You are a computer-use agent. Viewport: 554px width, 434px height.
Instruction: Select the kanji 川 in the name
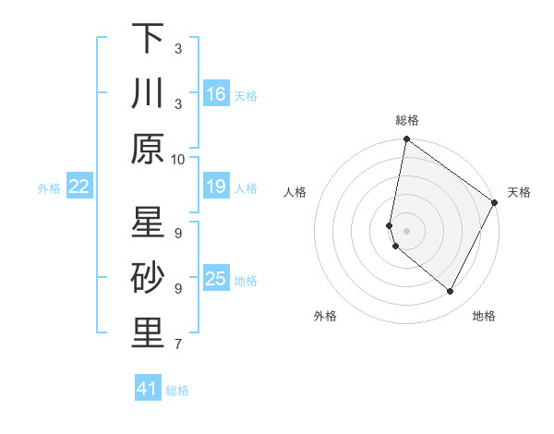click(148, 93)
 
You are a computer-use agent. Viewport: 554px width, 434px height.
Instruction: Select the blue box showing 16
click(215, 93)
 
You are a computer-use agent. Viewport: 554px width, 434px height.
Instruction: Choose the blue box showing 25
click(215, 279)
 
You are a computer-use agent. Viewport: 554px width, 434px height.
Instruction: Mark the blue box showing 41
click(148, 389)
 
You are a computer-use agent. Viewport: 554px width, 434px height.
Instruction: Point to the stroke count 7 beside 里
click(178, 344)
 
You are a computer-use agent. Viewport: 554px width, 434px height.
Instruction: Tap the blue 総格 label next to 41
click(178, 391)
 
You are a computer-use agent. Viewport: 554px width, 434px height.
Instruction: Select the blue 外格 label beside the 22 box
click(49, 188)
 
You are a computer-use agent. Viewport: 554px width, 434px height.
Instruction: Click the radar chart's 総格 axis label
click(406, 120)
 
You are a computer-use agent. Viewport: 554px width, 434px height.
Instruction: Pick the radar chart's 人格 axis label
click(295, 192)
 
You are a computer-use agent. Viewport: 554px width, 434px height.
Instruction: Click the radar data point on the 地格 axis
click(451, 292)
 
